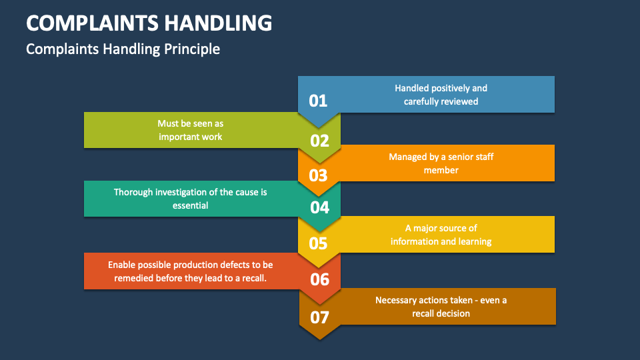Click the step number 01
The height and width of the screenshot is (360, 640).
[318, 101]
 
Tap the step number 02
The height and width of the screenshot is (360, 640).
[320, 141]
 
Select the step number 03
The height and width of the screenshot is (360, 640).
[318, 175]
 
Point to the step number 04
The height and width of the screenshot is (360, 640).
[320, 207]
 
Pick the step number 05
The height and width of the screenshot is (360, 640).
[318, 243]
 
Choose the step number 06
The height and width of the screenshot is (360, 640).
[320, 279]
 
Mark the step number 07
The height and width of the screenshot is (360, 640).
[320, 317]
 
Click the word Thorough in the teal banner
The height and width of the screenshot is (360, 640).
[133, 192]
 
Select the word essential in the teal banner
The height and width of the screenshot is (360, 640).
[190, 205]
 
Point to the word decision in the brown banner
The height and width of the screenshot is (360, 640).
[453, 313]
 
